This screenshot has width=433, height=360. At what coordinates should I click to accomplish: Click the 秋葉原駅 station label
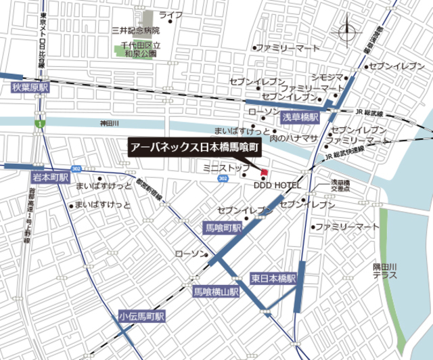(30, 88)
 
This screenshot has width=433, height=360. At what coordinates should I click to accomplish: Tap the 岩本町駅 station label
(51, 177)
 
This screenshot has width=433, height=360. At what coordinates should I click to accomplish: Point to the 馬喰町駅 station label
(223, 229)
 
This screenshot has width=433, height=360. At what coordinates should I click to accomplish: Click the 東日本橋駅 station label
(275, 278)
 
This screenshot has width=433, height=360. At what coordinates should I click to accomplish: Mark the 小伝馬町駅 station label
(141, 316)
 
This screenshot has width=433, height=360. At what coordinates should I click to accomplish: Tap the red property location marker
(265, 170)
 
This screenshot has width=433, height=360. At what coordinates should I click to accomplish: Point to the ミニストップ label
(221, 166)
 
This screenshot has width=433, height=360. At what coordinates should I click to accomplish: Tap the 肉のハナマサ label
(293, 137)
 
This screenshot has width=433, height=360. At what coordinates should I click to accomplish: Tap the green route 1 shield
(40, 125)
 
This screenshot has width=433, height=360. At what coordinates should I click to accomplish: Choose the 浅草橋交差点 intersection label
(340, 186)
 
